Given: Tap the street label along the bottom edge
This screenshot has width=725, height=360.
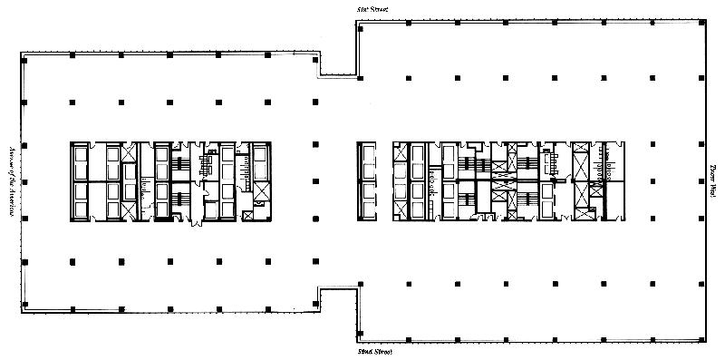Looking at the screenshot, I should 373,352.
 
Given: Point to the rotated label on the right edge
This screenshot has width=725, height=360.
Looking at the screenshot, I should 713,181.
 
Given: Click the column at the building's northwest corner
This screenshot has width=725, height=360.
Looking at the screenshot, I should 24,61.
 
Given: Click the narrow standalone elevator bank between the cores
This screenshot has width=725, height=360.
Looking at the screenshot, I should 366,181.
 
